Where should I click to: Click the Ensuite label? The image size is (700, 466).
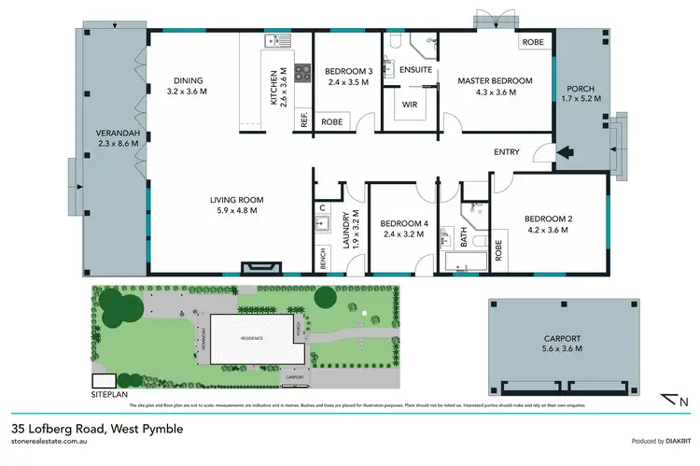click(414, 70)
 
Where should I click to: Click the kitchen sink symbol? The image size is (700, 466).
click(274, 40)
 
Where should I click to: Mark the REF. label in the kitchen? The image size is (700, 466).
click(303, 119)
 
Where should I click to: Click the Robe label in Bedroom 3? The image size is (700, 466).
click(331, 122)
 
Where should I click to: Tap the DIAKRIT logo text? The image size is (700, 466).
click(671, 441)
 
